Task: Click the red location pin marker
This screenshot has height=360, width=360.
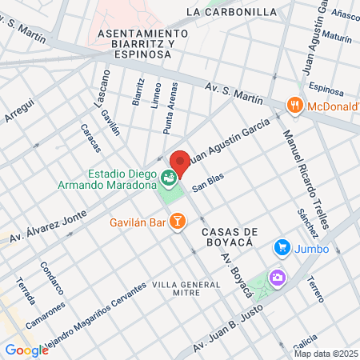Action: tap(180, 163)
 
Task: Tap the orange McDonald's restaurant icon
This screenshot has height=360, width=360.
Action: tap(295, 105)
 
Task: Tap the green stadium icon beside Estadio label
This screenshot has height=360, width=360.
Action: tap(168, 177)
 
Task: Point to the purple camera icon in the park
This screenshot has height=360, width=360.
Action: tap(277, 278)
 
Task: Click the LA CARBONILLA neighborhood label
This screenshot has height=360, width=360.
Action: tap(230, 12)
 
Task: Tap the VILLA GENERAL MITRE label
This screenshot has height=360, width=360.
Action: tap(186, 290)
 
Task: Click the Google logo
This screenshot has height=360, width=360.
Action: tap(26, 350)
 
